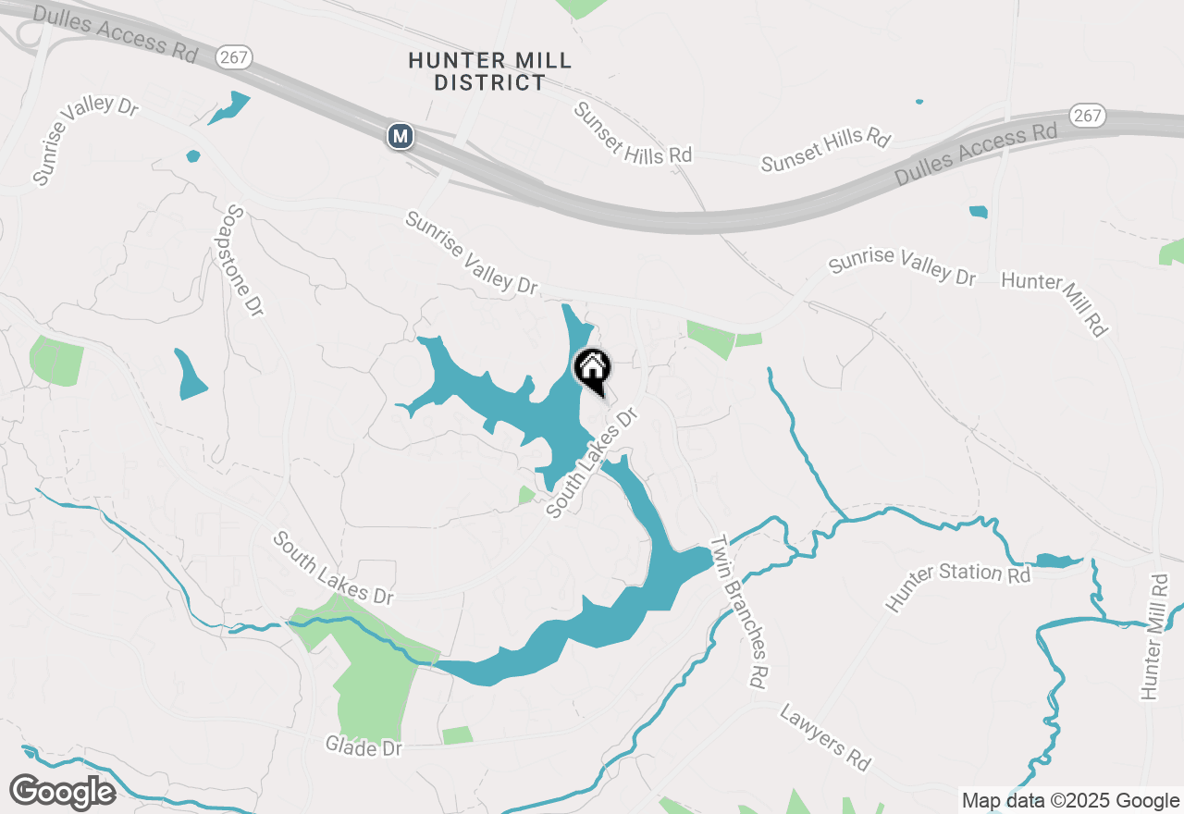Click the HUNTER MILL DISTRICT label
(490, 72)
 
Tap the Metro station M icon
(400, 136)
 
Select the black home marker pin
(592, 369)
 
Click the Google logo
(62, 792)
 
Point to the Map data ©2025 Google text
(1070, 801)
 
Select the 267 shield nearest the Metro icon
(235, 57)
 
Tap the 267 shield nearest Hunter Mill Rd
(1087, 116)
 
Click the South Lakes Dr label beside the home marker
(593, 462)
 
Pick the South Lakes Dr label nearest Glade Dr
(333, 568)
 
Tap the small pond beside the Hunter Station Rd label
(1057, 561)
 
